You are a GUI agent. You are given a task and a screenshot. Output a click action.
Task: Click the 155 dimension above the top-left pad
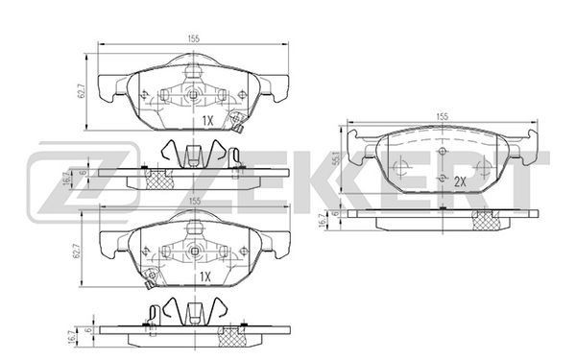tap(194, 38)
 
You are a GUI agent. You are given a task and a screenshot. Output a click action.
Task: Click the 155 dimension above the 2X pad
tap(443, 116)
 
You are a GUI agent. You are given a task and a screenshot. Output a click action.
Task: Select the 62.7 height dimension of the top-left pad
tap(82, 91)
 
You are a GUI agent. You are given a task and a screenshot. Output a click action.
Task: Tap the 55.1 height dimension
tap(335, 158)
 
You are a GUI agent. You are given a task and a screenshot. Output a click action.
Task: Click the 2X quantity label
tap(460, 181)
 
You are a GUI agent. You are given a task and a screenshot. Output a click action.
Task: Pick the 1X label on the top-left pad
tap(207, 121)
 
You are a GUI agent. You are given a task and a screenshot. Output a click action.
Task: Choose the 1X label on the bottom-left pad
tap(205, 276)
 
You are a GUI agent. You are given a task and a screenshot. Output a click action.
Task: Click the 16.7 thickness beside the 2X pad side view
tap(324, 221)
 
